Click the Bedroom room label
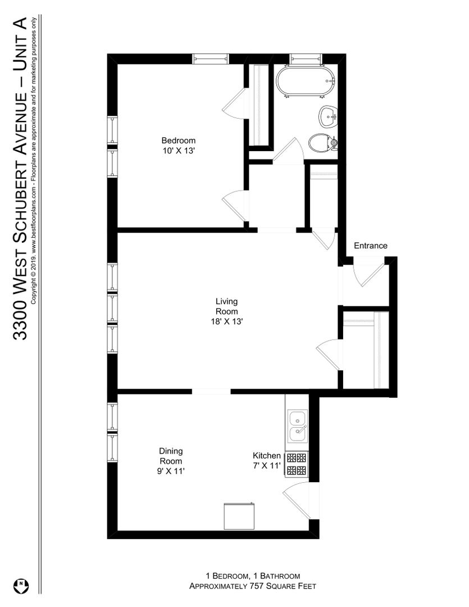pyautogui.click(x=179, y=140)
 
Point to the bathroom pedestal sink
pyautogui.click(x=329, y=116)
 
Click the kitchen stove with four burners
pyautogui.click(x=297, y=464)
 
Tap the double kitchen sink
pyautogui.click(x=297, y=426)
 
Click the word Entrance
pyautogui.click(x=370, y=246)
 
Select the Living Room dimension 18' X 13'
pyautogui.click(x=227, y=321)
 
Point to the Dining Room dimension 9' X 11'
pyautogui.click(x=171, y=471)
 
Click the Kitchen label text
pyautogui.click(x=267, y=455)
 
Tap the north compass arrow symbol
pyautogui.click(x=21, y=586)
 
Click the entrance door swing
pyautogui.click(x=368, y=275)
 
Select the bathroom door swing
pyautogui.click(x=288, y=151)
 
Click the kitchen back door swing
pyautogui.click(x=297, y=501)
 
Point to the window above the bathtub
pyautogui.click(x=306, y=58)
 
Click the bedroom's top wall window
pyautogui.click(x=211, y=58)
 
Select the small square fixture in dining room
pyautogui.click(x=239, y=516)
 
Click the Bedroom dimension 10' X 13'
pyautogui.click(x=178, y=151)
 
